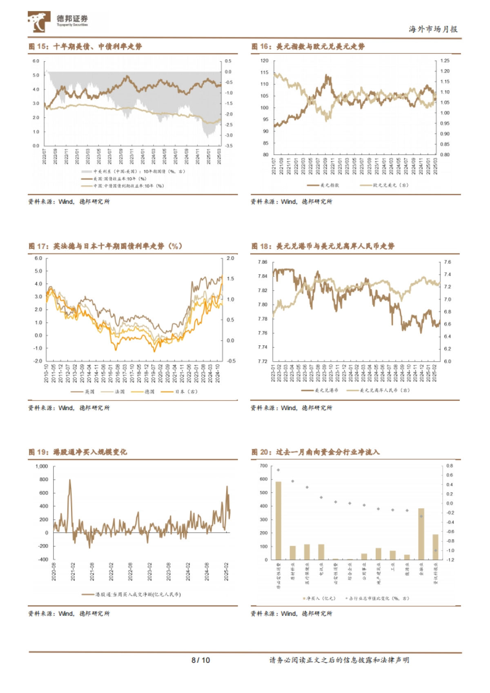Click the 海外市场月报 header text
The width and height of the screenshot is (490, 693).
[x=433, y=29]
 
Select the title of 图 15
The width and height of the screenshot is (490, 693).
[x=85, y=47]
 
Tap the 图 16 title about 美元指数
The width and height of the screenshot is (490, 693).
[x=308, y=47]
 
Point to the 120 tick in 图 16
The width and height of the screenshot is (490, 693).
[x=265, y=61]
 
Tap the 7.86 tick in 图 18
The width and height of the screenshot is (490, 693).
[x=263, y=262]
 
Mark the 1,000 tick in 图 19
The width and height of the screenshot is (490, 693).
[x=42, y=466]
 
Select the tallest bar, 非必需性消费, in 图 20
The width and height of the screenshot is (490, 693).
[x=278, y=520]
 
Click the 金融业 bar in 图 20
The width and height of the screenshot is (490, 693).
[x=421, y=534]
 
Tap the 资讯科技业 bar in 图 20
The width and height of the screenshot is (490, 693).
[x=436, y=547]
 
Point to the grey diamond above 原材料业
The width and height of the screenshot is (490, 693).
[x=293, y=481]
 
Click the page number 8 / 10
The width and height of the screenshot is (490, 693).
[x=200, y=660]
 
